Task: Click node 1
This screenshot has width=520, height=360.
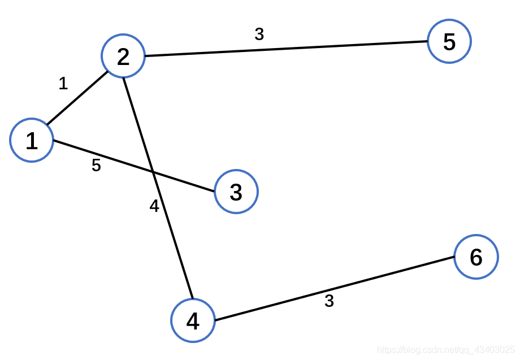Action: [32, 140]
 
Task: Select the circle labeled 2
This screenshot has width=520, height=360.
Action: [123, 56]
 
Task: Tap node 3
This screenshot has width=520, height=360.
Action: [236, 192]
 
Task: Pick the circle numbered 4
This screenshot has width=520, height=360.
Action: [193, 320]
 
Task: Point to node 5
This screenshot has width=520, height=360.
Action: [449, 41]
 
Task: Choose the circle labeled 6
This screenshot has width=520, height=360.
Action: [476, 257]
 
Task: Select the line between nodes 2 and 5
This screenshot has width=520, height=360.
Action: [285, 49]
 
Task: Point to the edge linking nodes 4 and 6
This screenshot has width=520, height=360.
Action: [333, 289]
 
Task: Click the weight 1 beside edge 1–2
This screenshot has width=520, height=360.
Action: [63, 84]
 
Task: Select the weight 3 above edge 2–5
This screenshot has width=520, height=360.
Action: [259, 34]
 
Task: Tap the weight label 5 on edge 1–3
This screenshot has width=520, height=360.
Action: [96, 166]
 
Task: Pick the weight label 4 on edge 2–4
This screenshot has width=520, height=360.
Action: [154, 207]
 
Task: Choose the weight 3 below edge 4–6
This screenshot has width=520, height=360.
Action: [329, 301]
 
